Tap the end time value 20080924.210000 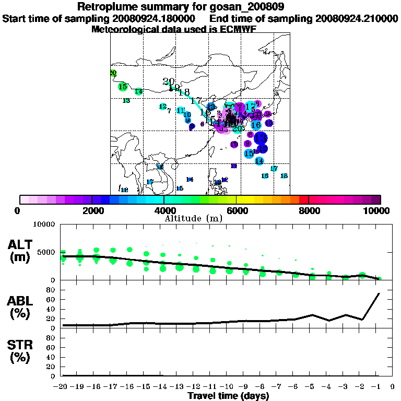(x=356, y=19)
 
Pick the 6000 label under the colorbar (x=237, y=211)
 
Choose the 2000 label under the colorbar (x=92, y=211)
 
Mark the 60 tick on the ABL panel (x=52, y=299)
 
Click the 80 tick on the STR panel (x=52, y=338)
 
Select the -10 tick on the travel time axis (x=229, y=386)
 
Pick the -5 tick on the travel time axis (x=313, y=386)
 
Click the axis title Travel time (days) (x=228, y=396)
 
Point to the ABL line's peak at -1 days (x=379, y=293)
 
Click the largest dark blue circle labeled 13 (x=261, y=138)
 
